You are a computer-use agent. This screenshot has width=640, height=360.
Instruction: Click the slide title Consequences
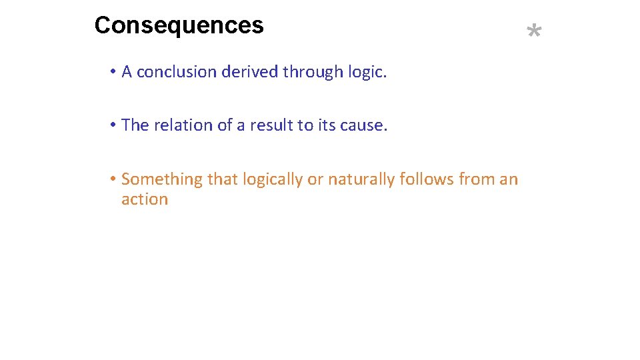[179, 26]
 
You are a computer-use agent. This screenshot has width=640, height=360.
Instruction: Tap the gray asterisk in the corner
[534, 31]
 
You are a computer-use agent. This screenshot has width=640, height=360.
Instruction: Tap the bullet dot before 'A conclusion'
[115, 72]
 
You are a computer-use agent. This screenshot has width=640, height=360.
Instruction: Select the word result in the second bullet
[271, 125]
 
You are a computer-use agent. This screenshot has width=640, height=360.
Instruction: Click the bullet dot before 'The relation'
[115, 125]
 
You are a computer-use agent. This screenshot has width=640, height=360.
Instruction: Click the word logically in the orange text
[272, 179]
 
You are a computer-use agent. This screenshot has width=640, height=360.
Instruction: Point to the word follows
[427, 179]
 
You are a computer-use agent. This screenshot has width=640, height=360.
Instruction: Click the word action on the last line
[145, 199]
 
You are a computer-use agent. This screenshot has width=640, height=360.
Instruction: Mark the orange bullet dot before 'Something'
[115, 179]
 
